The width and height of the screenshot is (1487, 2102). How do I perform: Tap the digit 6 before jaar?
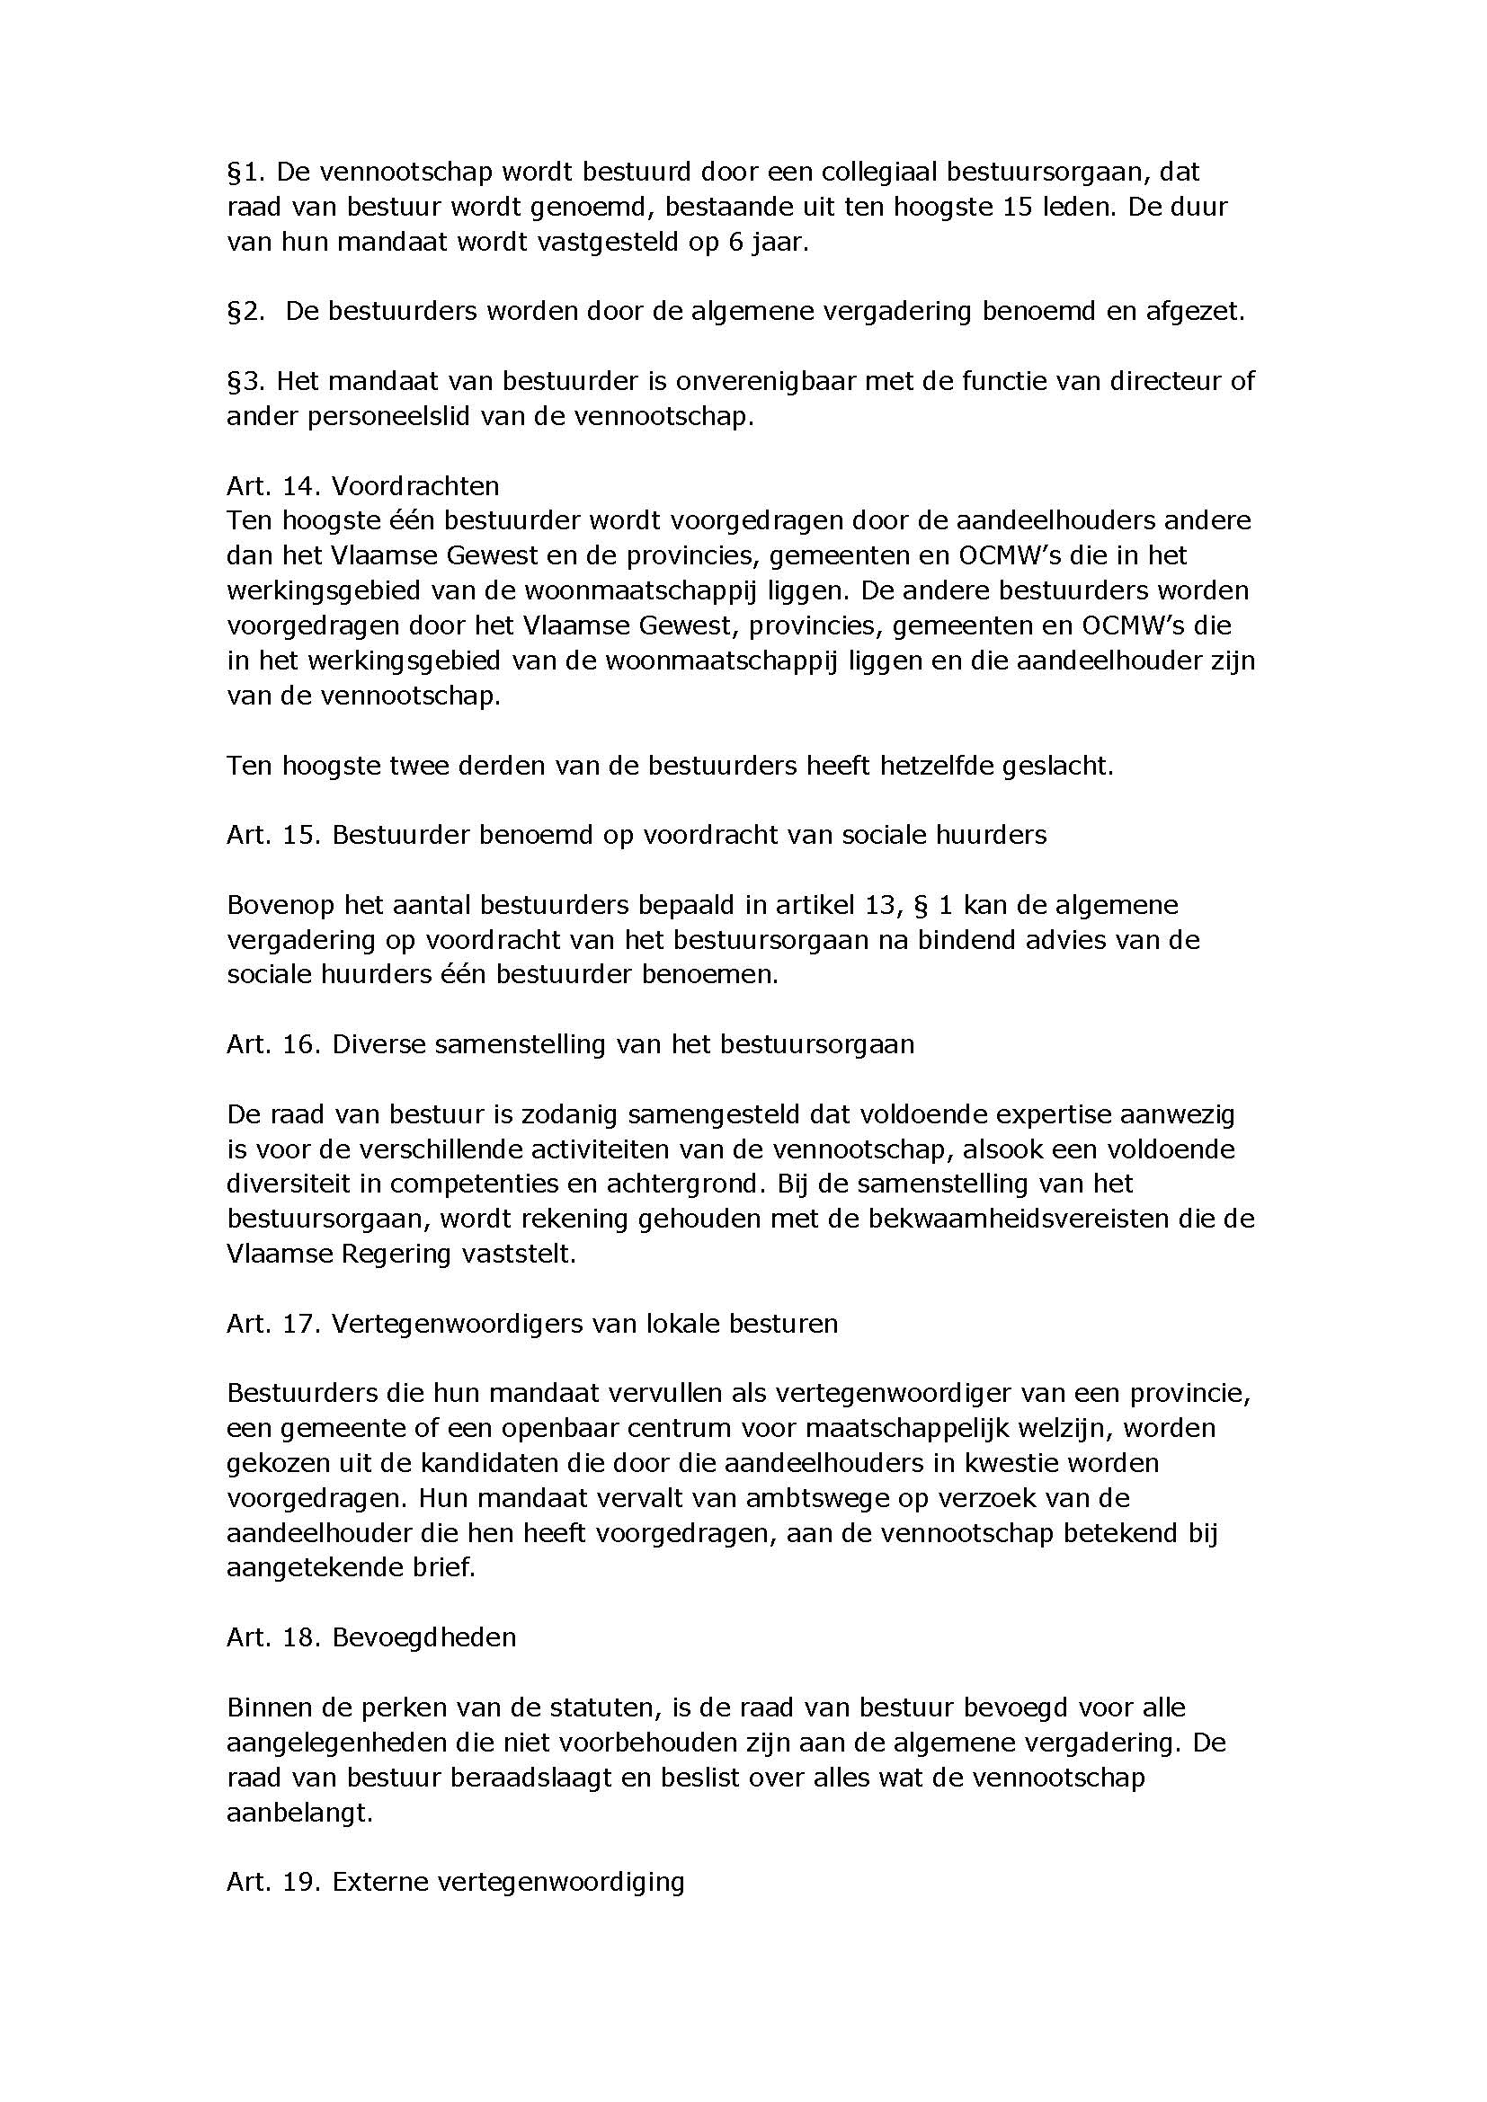735,244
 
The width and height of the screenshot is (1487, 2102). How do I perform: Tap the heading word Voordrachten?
415,485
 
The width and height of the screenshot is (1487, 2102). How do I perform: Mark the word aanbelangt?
300,1813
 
